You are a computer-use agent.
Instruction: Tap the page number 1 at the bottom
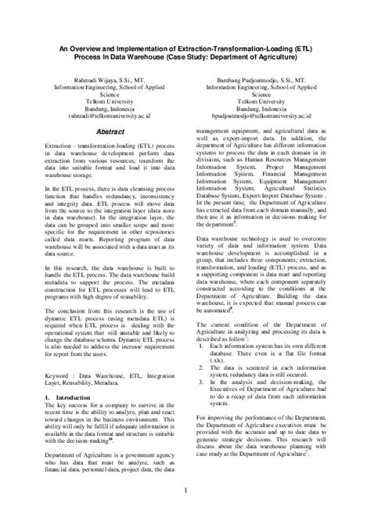click(185, 491)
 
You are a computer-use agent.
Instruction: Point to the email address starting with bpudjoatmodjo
click(264, 114)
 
